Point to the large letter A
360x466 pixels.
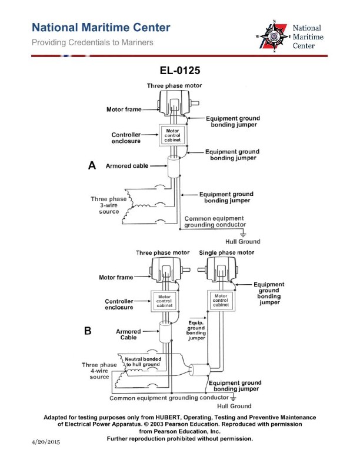pos(92,166)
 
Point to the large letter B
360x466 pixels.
pos(88,331)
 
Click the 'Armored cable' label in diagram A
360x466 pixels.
pos(127,167)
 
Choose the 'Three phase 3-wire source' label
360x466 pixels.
pos(108,205)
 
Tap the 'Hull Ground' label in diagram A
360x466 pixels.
pos(242,242)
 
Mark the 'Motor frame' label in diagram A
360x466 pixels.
pos(121,109)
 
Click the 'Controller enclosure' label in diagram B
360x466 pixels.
pos(122,304)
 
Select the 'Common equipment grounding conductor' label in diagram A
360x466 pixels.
pos(215,221)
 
